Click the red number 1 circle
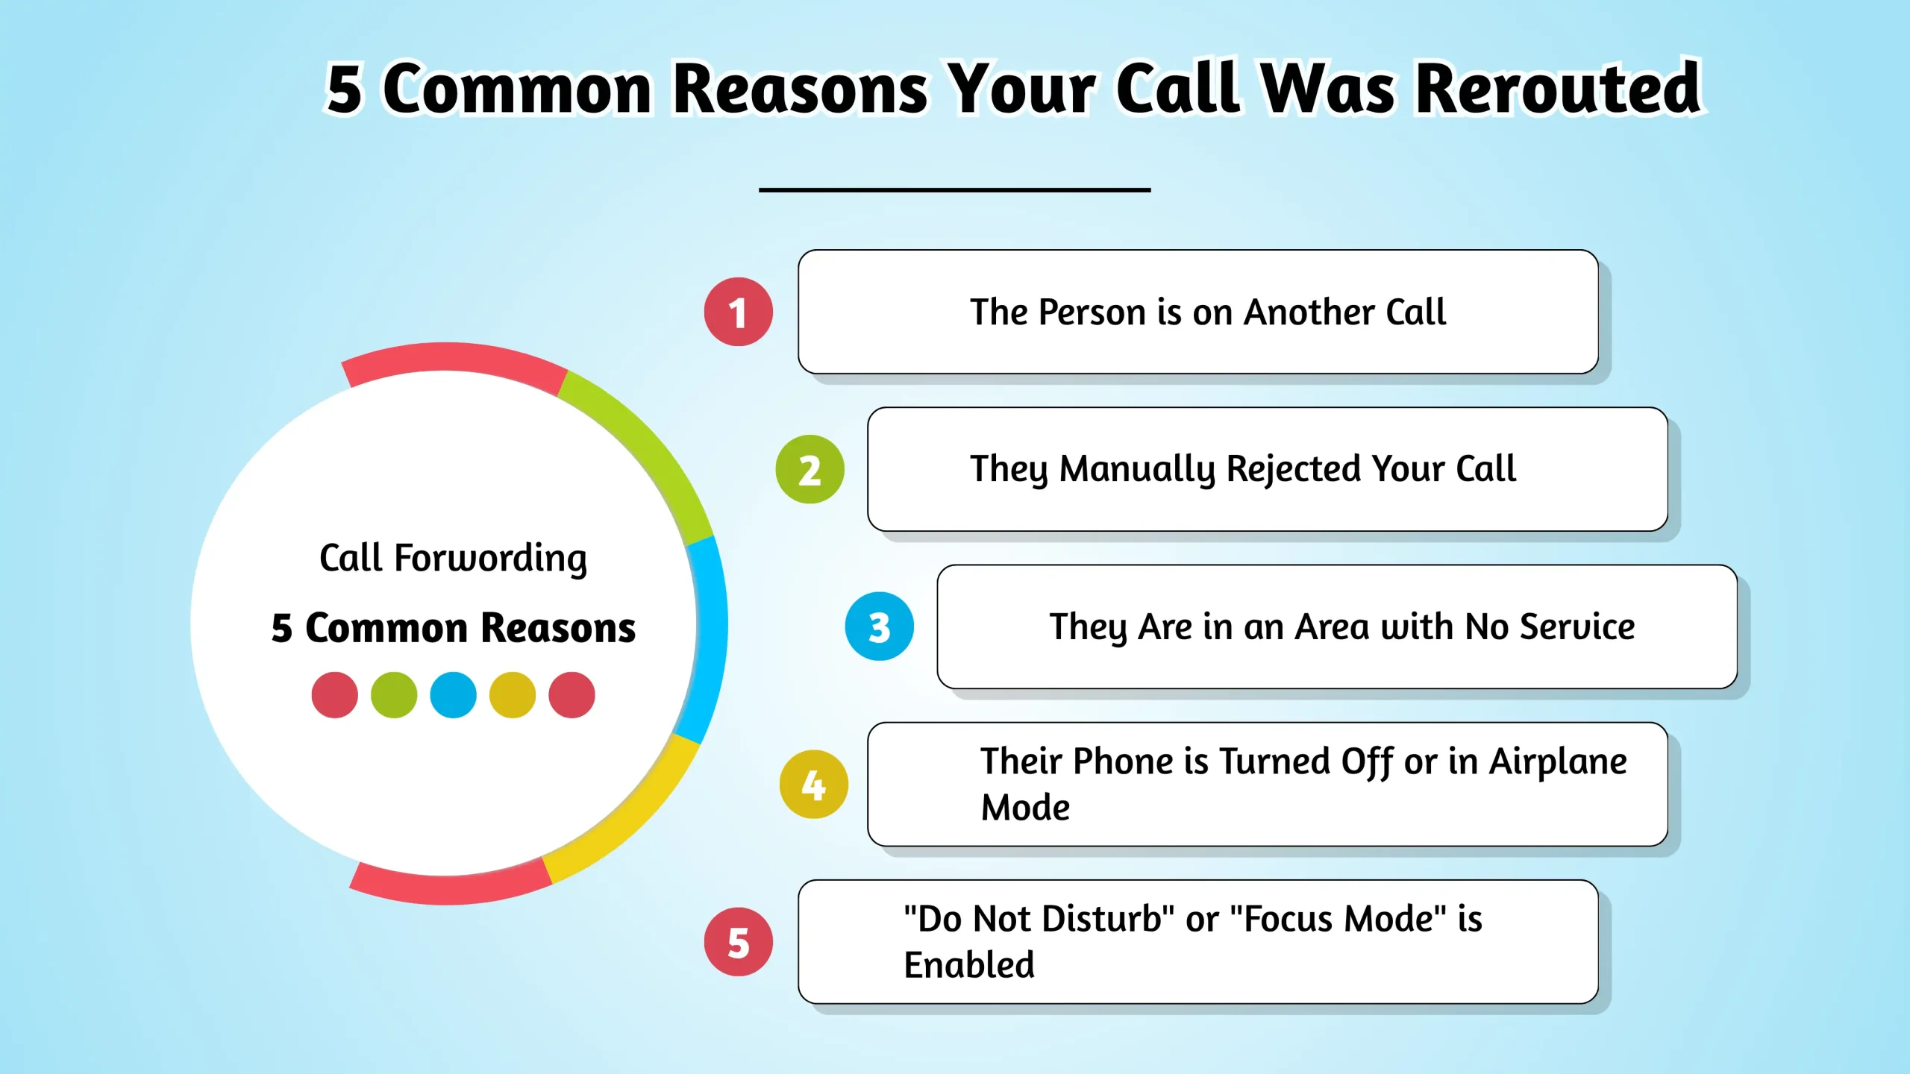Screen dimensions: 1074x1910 [738, 312]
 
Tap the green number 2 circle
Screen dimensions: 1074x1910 [810, 469]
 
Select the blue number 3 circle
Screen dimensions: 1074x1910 [879, 626]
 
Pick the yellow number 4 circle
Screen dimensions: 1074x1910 [813, 784]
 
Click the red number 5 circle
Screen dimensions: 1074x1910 [738, 941]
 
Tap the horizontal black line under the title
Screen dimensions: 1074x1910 [954, 190]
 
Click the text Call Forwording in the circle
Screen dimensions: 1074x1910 [453, 558]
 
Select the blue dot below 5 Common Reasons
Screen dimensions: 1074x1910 [453, 694]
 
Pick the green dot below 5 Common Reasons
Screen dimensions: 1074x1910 [394, 694]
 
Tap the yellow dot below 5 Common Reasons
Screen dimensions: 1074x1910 [512, 694]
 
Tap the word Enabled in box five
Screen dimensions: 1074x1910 [968, 964]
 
